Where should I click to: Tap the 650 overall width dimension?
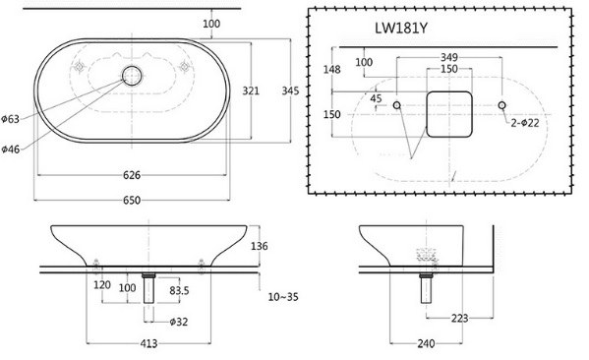[133, 200]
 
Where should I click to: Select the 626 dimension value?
[133, 175]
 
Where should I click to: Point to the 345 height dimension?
[289, 90]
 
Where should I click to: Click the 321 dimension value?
[251, 90]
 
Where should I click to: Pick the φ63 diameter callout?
[12, 119]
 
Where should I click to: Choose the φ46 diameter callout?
[12, 149]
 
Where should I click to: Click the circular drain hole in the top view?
[131, 75]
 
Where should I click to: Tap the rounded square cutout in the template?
[448, 112]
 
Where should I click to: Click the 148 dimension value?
[333, 69]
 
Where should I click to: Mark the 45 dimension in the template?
[376, 98]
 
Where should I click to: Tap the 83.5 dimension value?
[181, 291]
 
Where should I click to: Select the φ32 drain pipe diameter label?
[178, 322]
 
